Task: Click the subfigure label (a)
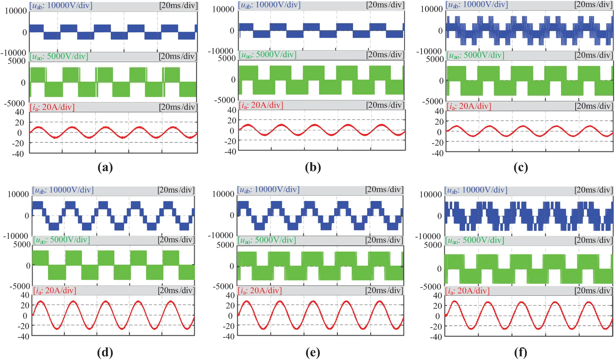[x=105, y=167]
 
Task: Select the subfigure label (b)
[x=313, y=167]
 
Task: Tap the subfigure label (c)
[x=521, y=167]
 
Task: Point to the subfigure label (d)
[x=105, y=352]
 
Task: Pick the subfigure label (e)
[x=313, y=352]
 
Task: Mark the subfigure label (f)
[x=521, y=352]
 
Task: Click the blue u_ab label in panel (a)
[x=61, y=6]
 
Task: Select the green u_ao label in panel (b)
[x=267, y=55]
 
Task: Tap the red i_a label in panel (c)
[x=469, y=106]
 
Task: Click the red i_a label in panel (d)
[x=55, y=291]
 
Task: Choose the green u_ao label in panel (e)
[x=267, y=240]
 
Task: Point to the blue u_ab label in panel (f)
[x=476, y=190]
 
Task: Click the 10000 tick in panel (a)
[x=16, y=11]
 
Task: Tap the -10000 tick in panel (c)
[x=429, y=51]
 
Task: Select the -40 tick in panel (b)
[x=231, y=152]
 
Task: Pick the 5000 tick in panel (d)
[x=22, y=245]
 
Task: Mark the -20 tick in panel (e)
[x=229, y=326]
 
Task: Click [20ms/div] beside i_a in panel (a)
[x=178, y=107]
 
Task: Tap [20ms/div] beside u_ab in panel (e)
[x=384, y=190]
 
